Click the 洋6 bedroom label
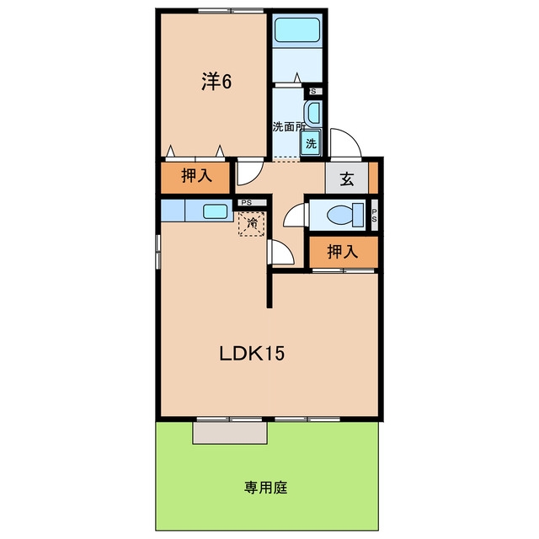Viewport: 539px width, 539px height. point(216,82)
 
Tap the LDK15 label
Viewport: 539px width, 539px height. point(252,354)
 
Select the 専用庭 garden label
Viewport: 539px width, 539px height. point(266,488)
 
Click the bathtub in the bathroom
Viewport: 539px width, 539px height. point(297,30)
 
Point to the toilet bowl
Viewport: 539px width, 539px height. point(344,216)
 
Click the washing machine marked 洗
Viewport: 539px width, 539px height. point(311,143)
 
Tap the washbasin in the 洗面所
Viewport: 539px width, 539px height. point(312,113)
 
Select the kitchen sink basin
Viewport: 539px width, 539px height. point(215,211)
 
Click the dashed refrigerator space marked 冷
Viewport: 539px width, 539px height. point(252,224)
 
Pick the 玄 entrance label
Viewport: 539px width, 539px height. point(347,179)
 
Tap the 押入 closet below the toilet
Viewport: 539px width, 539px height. point(344,252)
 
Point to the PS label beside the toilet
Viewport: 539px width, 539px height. point(374,216)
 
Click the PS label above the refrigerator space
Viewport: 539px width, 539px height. point(247,203)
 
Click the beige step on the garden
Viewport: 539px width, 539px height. point(230,433)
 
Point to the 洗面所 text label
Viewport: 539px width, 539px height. point(289,126)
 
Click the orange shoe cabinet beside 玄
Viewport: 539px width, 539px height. point(373,178)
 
